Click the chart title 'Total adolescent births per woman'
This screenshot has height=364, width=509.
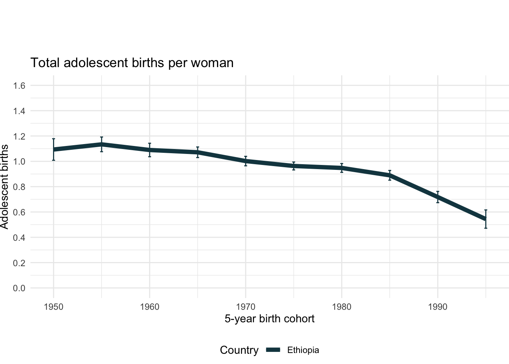click(132, 63)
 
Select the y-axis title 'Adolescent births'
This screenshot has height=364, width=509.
click(5, 187)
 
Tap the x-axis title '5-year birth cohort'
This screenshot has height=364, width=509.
click(269, 318)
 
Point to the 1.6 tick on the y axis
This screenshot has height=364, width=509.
click(19, 86)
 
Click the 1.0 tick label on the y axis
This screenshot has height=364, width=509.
click(19, 162)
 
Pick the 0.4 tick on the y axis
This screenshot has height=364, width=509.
click(19, 237)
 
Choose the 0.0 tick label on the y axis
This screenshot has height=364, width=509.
click(19, 288)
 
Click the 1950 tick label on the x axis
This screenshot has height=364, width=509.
click(53, 307)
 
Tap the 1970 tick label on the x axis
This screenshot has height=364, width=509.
click(246, 307)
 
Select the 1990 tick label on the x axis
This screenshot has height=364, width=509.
click(438, 307)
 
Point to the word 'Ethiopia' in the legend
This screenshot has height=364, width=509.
click(303, 350)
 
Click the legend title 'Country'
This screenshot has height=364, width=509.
click(239, 350)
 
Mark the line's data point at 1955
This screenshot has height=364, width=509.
click(101, 144)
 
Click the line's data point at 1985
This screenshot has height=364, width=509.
click(390, 176)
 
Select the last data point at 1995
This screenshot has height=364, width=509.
click(486, 219)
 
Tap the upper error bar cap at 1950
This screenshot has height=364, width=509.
click(53, 139)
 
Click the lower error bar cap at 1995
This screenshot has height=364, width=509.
click(486, 228)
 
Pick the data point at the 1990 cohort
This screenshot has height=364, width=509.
click(438, 197)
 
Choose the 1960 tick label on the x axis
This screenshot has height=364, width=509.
click(150, 307)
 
